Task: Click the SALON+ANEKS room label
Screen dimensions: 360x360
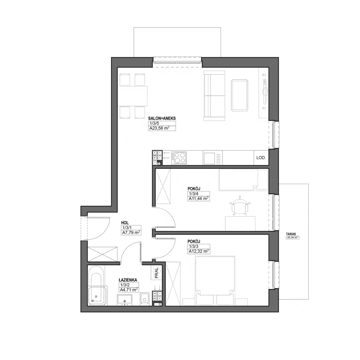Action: [x=162, y=118]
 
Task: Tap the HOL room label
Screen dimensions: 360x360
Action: [x=124, y=223]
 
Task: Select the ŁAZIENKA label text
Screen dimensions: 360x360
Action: [x=128, y=280]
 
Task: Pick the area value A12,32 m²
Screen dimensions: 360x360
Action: [x=199, y=251]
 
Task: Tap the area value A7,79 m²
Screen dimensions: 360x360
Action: [x=131, y=232]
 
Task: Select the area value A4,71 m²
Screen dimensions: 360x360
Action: [x=129, y=290]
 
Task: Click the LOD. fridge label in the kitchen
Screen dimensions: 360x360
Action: [x=261, y=157]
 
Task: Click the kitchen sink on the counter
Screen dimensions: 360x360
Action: [x=210, y=158]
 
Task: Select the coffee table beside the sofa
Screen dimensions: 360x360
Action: [x=240, y=95]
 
